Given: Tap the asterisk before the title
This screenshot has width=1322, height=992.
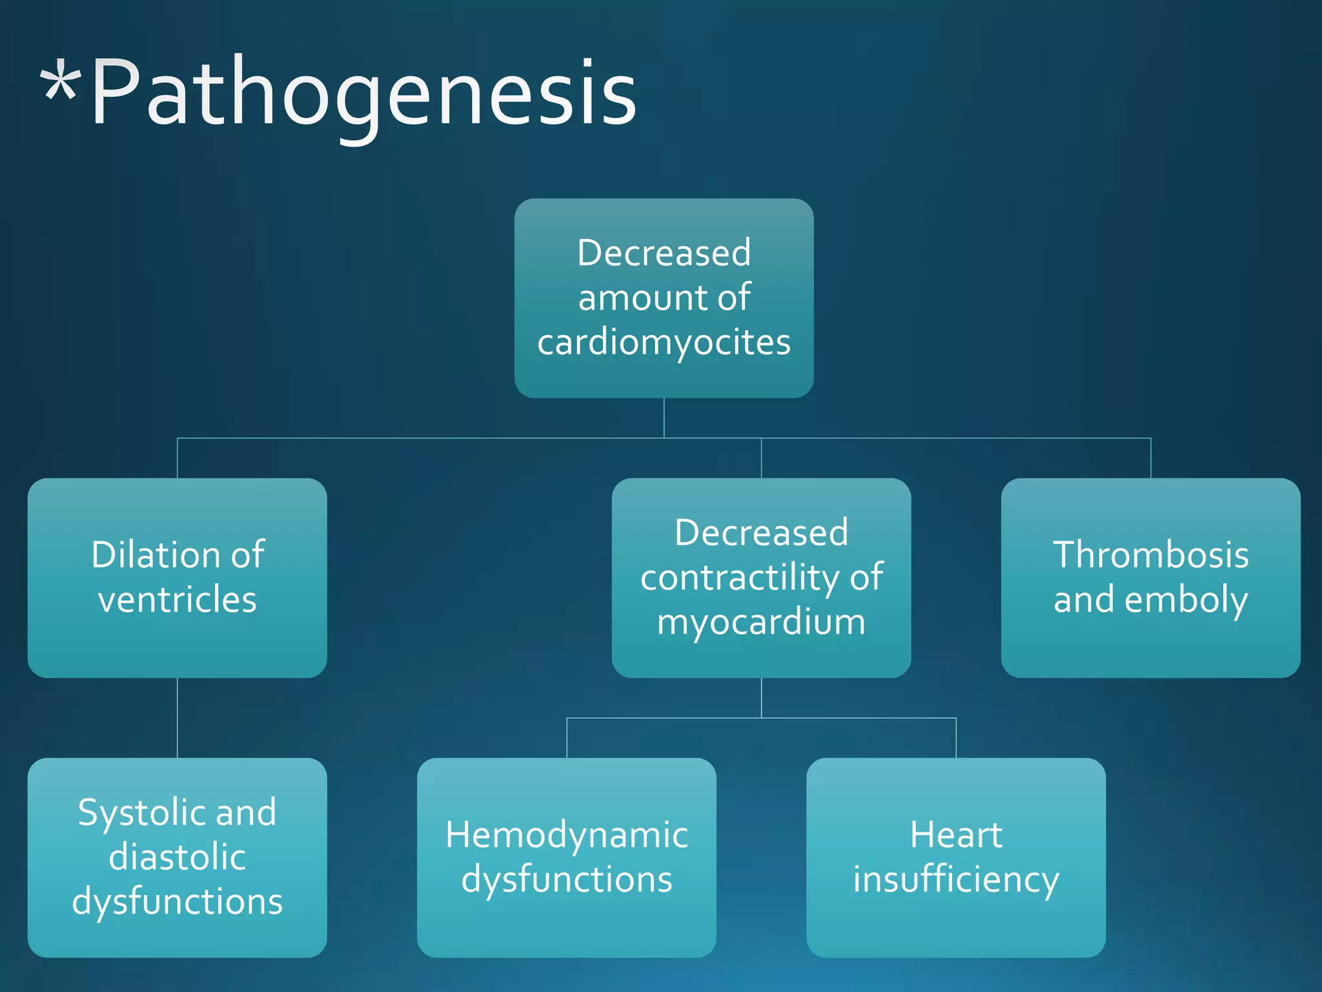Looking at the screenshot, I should coord(61,84).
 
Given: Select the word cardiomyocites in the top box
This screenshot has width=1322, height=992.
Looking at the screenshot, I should coord(664,342).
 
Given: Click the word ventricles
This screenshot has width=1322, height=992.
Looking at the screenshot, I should coord(178,599).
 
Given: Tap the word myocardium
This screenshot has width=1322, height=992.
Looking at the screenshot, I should coord(761,622).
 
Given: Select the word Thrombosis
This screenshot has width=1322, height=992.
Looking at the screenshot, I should coord(1150,555).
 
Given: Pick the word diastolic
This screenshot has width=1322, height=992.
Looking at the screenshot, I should coord(178,857).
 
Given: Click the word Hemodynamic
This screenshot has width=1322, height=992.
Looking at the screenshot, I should coord(567,835).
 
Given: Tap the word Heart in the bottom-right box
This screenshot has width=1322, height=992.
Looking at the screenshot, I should coord(956,835).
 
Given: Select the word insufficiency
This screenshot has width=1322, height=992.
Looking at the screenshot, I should coord(956,880).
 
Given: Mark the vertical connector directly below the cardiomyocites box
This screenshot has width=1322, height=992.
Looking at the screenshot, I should coord(664,418).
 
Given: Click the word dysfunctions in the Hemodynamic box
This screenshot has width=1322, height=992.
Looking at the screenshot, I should coord(567,880).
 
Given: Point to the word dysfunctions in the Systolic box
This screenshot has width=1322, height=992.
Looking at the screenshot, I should coord(178,902).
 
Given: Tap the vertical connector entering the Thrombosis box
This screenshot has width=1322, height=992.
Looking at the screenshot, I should coord(1150,459).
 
